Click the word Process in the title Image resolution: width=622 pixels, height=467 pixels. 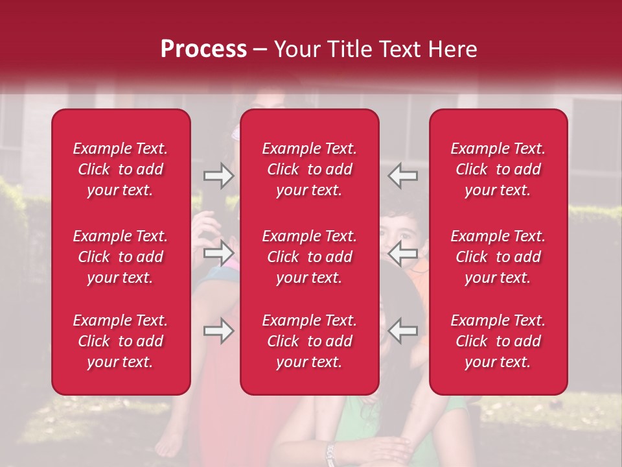(203, 49)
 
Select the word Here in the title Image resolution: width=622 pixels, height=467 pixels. (452, 49)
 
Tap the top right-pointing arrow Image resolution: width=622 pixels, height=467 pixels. (218, 176)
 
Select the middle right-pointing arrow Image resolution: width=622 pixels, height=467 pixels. (218, 253)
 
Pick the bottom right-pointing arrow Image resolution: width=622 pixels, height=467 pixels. (218, 331)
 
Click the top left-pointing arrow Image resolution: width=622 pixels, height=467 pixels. (403, 176)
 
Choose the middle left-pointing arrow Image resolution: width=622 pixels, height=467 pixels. (403, 253)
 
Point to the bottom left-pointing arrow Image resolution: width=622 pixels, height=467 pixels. (403, 331)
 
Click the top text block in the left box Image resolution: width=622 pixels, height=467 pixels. (121, 169)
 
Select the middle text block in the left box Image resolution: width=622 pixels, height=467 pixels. (121, 257)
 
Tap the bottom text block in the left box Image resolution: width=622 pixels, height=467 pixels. (121, 341)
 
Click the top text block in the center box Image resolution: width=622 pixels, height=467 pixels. (309, 169)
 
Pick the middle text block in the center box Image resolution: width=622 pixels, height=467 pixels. (309, 257)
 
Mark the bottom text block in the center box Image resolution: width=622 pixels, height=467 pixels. (309, 341)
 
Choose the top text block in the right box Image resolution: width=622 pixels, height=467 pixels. (498, 169)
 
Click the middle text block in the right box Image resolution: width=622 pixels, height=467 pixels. (498, 257)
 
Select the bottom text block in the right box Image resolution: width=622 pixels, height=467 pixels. (498, 341)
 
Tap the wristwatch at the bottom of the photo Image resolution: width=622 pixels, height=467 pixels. (331, 453)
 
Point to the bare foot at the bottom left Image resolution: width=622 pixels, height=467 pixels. (168, 445)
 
